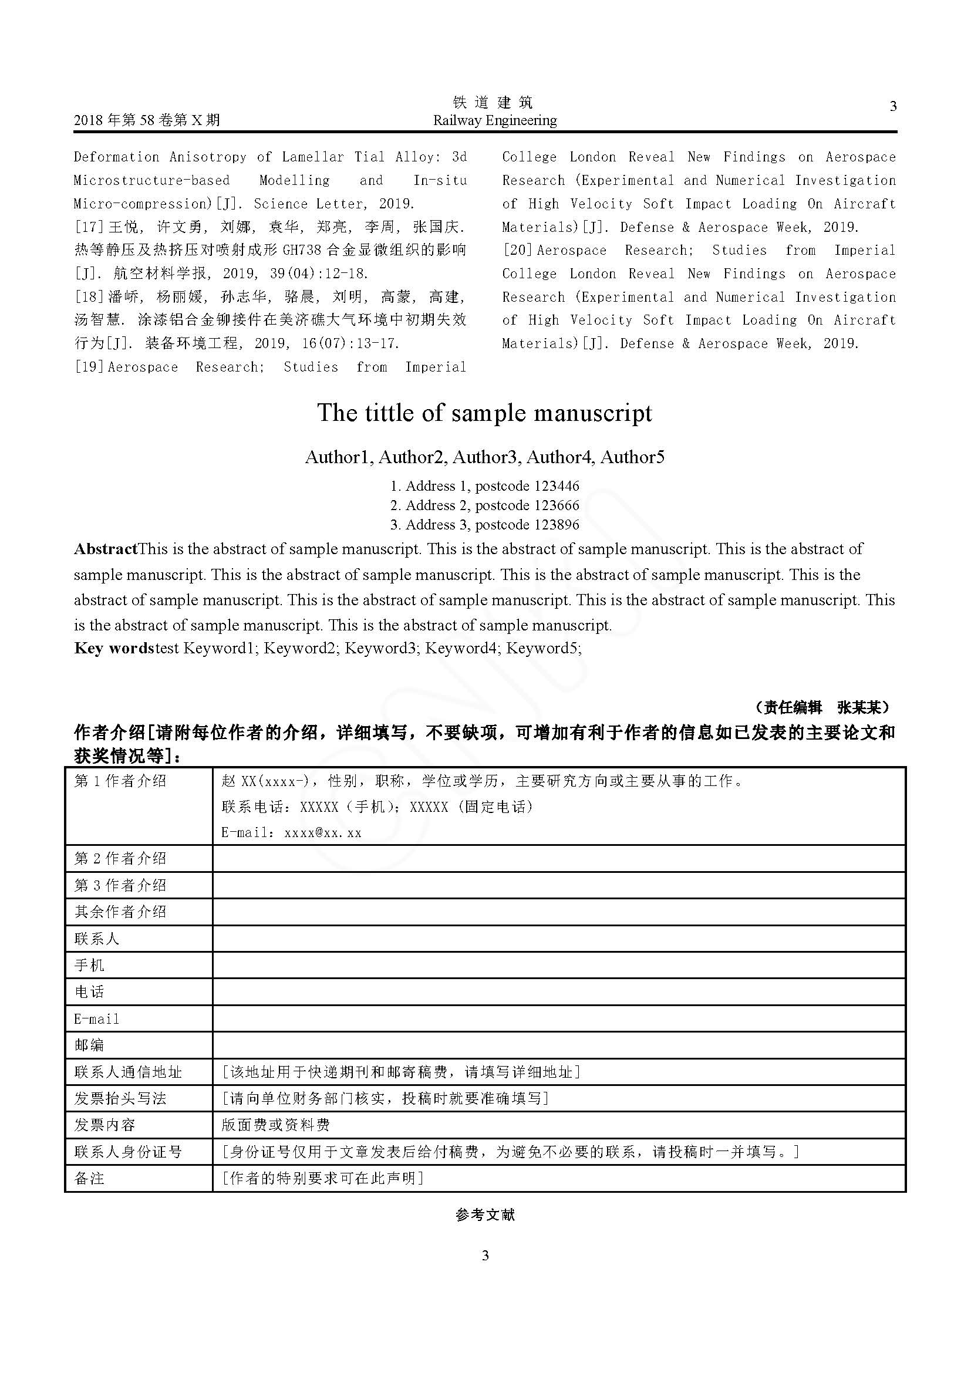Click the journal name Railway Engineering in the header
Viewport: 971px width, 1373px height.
[x=494, y=121]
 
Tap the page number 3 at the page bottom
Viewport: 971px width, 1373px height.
[x=485, y=1255]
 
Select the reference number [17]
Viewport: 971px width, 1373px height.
[x=90, y=227]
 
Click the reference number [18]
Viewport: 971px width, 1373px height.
[x=90, y=297]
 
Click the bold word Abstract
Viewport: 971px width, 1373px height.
[x=106, y=549]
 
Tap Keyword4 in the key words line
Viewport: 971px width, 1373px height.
[x=462, y=648]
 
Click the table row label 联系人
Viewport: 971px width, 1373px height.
[x=97, y=939]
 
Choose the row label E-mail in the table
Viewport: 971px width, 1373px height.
[x=97, y=1019]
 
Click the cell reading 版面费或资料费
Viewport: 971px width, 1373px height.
[x=276, y=1125]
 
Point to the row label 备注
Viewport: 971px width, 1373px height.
[x=89, y=1179]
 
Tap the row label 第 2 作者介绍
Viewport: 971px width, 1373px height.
[x=120, y=859]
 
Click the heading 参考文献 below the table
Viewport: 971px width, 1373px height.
[x=485, y=1215]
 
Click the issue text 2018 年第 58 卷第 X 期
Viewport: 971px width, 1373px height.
[x=147, y=121]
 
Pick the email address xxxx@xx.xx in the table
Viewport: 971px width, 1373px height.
[x=323, y=833]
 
